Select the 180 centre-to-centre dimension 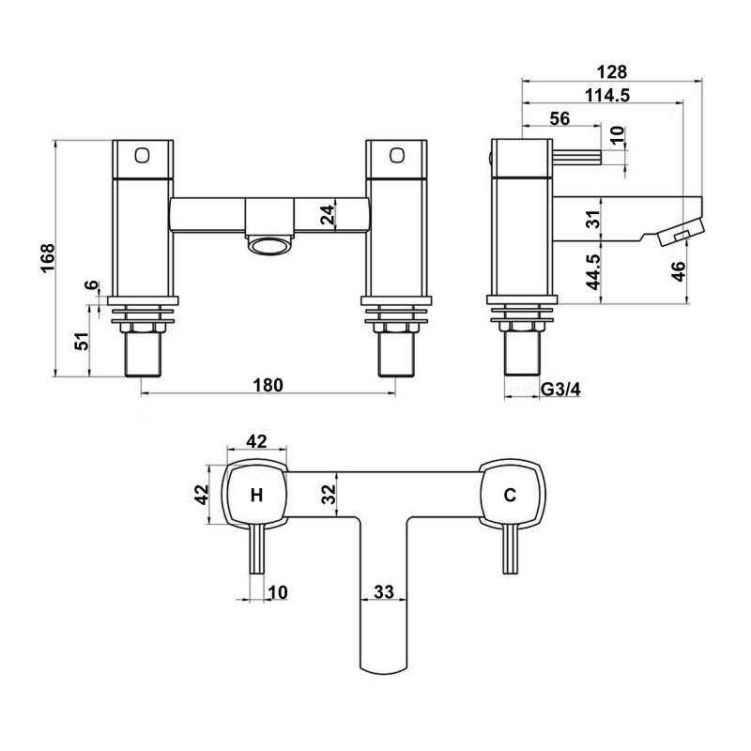pos(268,385)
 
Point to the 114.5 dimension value pos(605,94)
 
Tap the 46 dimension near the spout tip pos(679,271)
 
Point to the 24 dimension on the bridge pos(327,215)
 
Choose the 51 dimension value pos(83,342)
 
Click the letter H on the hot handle pos(256,496)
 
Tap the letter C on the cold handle pos(510,496)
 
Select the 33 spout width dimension pos(383,591)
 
